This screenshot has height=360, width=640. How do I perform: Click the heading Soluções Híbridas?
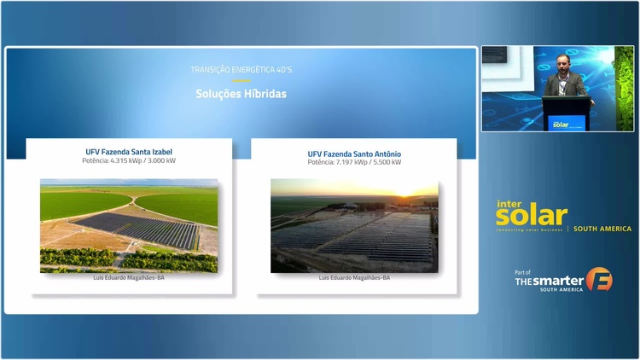(241, 94)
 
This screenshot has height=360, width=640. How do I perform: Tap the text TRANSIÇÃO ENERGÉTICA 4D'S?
(241, 68)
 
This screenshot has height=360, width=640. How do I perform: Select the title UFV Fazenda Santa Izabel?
(129, 152)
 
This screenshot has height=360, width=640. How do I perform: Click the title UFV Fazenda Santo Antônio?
(354, 154)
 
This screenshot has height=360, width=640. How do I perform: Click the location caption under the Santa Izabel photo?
(129, 277)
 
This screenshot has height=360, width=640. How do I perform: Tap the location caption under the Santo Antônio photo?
(354, 277)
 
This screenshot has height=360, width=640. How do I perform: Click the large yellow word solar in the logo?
(531, 217)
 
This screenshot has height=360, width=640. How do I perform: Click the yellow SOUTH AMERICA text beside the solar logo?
(602, 229)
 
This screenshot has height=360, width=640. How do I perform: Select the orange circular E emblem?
(599, 280)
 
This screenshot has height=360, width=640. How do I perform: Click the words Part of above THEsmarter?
(523, 272)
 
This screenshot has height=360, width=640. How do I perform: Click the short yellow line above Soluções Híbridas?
(241, 80)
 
